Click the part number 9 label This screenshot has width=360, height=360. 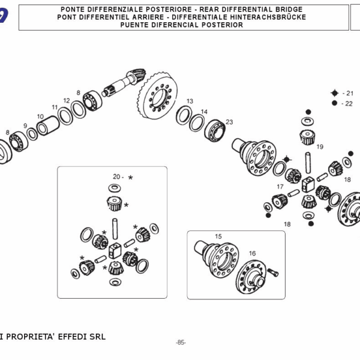25,126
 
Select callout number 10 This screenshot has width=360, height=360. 40,117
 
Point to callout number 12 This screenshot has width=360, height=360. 67,101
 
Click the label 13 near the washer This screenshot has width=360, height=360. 190,101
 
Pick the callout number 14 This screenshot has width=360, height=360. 204,112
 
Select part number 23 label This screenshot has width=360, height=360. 229,122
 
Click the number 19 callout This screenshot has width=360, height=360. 320,147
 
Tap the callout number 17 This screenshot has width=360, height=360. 280,187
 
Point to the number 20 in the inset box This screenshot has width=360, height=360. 116,177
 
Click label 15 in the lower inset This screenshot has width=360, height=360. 218,236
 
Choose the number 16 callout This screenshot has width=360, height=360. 252,254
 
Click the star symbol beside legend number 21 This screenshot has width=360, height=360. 334,93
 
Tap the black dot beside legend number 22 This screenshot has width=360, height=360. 334,103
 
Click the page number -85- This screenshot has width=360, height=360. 181,343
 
